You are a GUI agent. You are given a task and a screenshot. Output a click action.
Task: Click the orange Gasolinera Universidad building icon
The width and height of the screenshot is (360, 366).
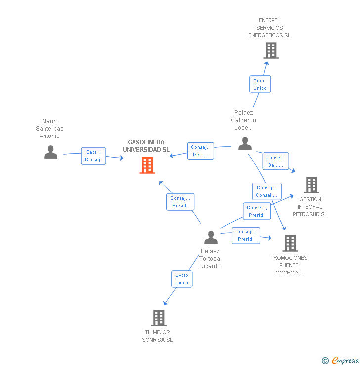[147, 165]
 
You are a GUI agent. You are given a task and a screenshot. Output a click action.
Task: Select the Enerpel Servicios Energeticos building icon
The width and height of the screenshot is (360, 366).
[270, 50]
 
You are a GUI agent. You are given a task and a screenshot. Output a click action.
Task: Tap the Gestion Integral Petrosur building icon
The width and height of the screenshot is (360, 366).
[311, 185]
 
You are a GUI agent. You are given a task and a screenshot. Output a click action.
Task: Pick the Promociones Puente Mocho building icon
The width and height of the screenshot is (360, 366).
[290, 243]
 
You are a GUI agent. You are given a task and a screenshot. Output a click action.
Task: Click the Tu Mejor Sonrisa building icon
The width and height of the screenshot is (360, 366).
[158, 318]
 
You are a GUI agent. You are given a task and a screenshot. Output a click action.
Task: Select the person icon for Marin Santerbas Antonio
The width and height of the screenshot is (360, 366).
[50, 152]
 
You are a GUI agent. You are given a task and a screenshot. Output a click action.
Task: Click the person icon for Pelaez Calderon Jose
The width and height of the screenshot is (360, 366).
[245, 144]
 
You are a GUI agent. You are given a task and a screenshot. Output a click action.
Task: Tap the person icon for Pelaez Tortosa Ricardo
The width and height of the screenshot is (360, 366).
[211, 238]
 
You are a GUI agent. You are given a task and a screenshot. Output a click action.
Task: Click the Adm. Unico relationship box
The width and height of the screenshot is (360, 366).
[260, 84]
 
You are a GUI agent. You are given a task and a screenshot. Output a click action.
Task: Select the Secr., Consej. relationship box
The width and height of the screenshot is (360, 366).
[93, 156]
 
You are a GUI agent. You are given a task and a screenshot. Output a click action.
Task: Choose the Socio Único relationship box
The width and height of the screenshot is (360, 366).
[181, 279]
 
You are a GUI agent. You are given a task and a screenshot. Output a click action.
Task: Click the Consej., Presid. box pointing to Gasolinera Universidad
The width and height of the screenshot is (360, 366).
[180, 202]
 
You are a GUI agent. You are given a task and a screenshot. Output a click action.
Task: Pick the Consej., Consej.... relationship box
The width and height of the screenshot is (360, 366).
[267, 191]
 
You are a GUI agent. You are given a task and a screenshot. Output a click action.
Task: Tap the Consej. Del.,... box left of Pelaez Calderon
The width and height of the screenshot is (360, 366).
[200, 151]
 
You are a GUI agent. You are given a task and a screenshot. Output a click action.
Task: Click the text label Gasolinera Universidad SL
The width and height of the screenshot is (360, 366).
[146, 146]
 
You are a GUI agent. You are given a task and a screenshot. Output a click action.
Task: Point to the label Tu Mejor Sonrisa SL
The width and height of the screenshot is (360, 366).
[157, 336]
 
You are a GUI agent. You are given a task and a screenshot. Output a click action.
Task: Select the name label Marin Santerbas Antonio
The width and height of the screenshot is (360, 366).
[49, 129]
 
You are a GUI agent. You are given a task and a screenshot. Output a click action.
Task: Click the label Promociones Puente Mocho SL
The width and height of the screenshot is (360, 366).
[289, 265]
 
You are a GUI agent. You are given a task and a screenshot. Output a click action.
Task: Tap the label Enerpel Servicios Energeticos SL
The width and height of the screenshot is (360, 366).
[270, 28]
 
